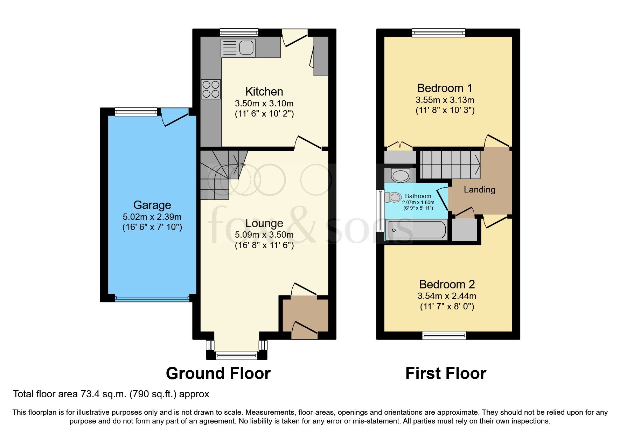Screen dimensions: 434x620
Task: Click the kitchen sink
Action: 238,48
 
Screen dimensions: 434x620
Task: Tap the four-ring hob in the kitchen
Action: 211,89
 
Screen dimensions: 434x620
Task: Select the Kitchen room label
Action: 264,92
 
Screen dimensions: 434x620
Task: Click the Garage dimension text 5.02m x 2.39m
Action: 152,217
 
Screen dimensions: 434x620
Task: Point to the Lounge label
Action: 264,223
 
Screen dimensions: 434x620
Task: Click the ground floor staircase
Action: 221,173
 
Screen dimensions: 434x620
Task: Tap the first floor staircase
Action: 450,164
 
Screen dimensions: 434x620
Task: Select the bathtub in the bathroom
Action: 416,230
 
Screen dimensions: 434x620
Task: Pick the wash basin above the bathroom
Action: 400,175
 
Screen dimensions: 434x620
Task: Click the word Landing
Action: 479,190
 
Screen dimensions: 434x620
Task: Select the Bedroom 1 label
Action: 445,88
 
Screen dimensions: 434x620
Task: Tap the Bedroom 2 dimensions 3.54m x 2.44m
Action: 447,296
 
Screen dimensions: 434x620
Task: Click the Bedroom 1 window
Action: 439,33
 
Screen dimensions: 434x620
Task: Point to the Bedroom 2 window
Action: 444,335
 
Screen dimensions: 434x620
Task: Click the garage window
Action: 136,112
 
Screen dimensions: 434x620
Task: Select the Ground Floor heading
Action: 218,373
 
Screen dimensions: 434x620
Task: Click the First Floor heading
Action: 446,373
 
